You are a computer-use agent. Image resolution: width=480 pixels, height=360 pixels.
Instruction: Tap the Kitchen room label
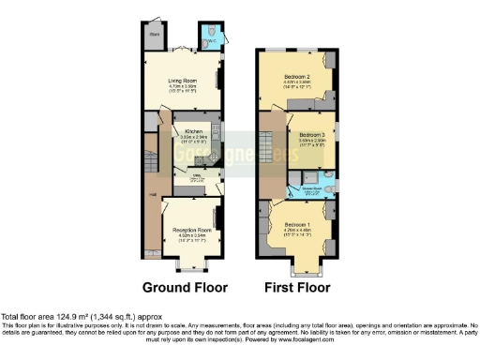(194, 131)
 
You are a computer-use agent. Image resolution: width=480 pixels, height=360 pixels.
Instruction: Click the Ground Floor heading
(185, 287)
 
